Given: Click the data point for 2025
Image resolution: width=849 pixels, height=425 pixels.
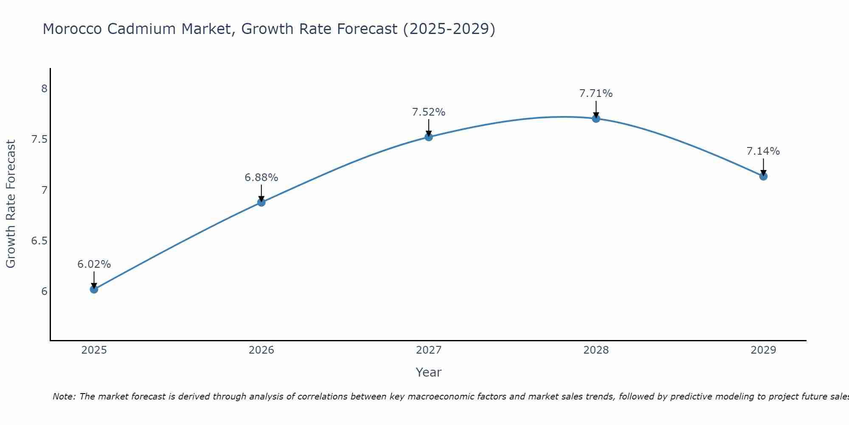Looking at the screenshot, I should click(x=94, y=289).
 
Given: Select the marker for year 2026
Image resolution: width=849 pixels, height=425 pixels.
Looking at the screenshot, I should click(x=261, y=202).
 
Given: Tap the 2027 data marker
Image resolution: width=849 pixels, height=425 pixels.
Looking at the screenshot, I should click(x=429, y=137).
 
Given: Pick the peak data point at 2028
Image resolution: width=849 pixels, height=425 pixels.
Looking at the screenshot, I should click(x=596, y=119).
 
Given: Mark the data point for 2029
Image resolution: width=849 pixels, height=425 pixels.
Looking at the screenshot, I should click(x=763, y=176).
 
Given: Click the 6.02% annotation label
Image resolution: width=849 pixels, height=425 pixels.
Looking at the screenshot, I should click(x=94, y=264).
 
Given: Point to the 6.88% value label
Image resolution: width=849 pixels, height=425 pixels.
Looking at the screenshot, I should click(x=261, y=178).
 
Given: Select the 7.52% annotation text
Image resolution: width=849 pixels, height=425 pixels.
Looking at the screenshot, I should click(x=429, y=112).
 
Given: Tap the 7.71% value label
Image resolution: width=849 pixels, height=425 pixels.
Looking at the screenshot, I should click(x=596, y=93).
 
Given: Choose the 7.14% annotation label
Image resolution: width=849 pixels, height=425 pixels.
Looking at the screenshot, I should click(x=763, y=151).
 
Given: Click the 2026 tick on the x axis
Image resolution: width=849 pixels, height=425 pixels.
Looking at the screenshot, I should click(x=261, y=350).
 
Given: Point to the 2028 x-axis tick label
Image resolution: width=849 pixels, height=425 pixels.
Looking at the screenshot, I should click(x=596, y=350).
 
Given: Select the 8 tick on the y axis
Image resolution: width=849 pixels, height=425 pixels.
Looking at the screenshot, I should click(x=44, y=89).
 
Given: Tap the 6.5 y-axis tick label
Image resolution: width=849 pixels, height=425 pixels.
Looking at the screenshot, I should click(x=39, y=241).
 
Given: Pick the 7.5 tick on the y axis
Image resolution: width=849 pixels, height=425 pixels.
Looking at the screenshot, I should click(x=39, y=140).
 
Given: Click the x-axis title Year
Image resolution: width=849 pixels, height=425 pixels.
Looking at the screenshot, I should click(x=429, y=372).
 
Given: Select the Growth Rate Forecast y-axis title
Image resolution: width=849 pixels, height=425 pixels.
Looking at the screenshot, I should click(x=11, y=204).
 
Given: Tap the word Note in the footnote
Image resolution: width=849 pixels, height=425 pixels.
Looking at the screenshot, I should click(x=64, y=397).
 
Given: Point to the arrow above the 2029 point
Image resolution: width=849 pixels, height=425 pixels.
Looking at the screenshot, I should click(x=763, y=167).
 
